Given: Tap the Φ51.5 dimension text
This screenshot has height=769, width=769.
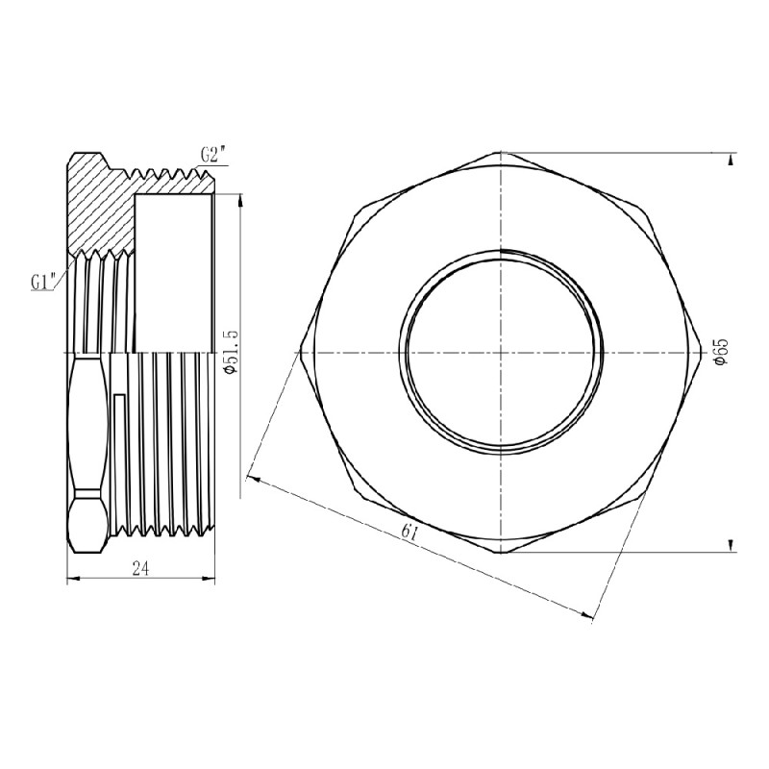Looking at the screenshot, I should (x=229, y=353).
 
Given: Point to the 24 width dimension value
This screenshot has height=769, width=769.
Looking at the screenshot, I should (x=140, y=569).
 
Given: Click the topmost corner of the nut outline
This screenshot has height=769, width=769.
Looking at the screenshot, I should (x=501, y=152).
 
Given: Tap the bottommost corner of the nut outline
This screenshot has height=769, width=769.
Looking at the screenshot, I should (x=501, y=555).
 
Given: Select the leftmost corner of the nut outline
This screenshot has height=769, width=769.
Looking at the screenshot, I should (x=299, y=353).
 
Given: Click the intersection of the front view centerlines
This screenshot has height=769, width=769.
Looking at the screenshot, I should (x=501, y=353).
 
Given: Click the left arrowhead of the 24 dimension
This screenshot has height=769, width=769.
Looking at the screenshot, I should (x=70, y=579).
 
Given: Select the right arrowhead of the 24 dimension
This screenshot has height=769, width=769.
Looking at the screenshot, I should (x=210, y=579).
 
